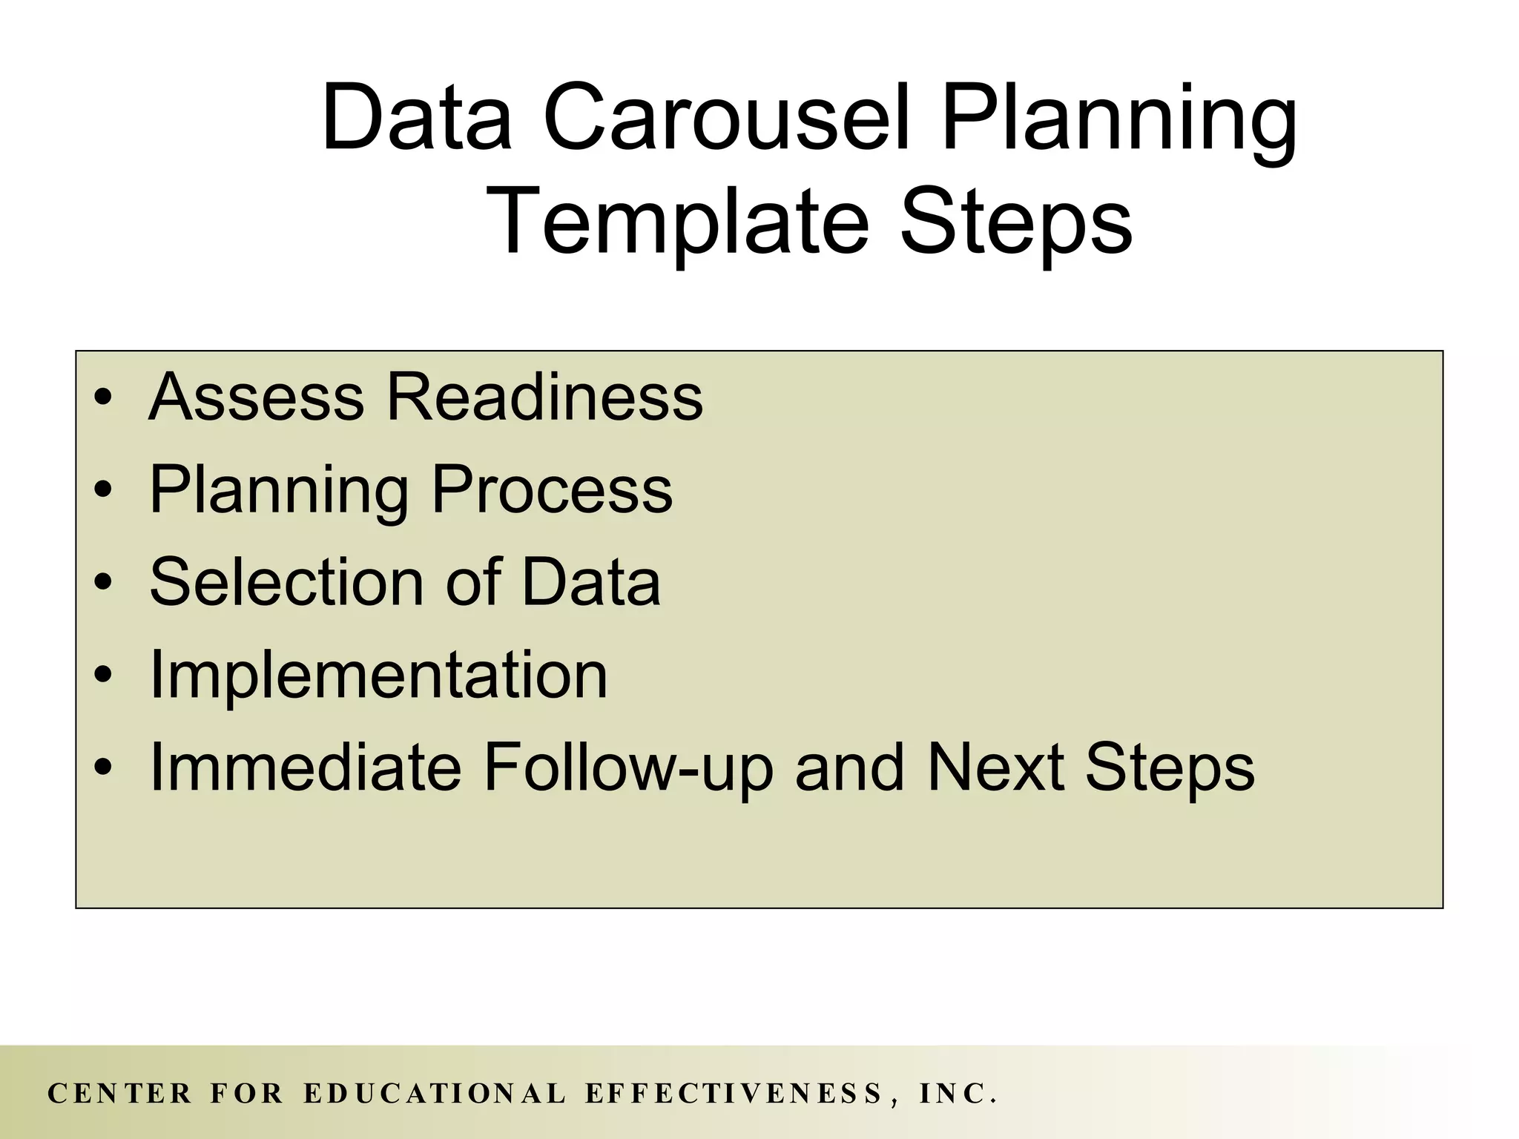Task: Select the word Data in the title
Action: pos(417,119)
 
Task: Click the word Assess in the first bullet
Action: pos(256,397)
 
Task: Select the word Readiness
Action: pos(544,397)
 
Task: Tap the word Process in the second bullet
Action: pos(552,489)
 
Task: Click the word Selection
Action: pos(286,581)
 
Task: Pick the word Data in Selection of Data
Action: pos(590,581)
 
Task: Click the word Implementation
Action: pos(378,674)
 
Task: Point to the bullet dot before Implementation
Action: pos(103,676)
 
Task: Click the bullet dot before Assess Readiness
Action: pos(103,398)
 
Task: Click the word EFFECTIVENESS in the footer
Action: pos(734,1093)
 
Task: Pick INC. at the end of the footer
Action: pos(958,1093)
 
